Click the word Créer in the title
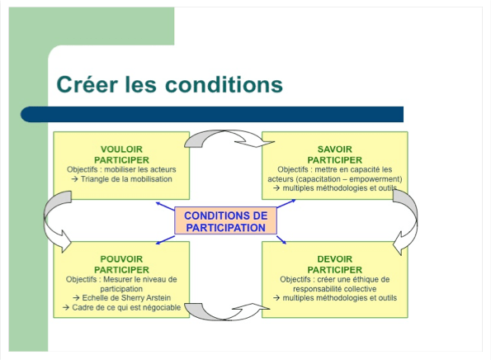[87, 84]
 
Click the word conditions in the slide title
[224, 84]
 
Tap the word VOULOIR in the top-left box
[121, 149]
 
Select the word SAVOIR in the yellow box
[335, 149]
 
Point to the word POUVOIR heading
[121, 259]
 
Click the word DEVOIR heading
[335, 259]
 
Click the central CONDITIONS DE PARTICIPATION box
[225, 220]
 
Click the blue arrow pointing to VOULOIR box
[165, 206]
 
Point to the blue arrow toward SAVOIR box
[286, 203]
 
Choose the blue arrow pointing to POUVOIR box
[165, 240]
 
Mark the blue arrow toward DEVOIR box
[281, 240]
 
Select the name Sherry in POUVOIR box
[132, 297]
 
